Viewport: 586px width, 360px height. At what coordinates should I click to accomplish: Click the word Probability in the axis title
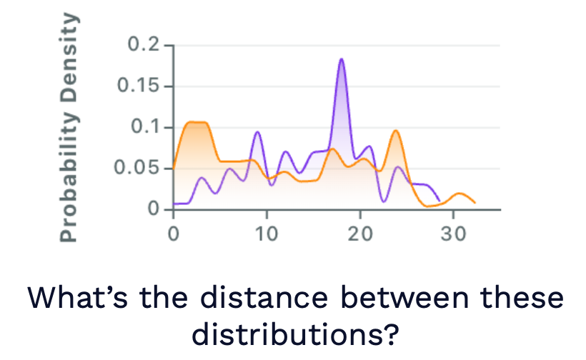pos(69,179)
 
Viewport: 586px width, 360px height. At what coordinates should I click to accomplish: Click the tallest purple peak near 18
pos(342,59)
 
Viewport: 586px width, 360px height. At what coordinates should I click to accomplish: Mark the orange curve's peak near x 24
pos(395,131)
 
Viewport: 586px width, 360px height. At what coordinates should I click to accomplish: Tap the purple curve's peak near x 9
pos(257,132)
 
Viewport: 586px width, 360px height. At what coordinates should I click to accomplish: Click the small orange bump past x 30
pos(459,194)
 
